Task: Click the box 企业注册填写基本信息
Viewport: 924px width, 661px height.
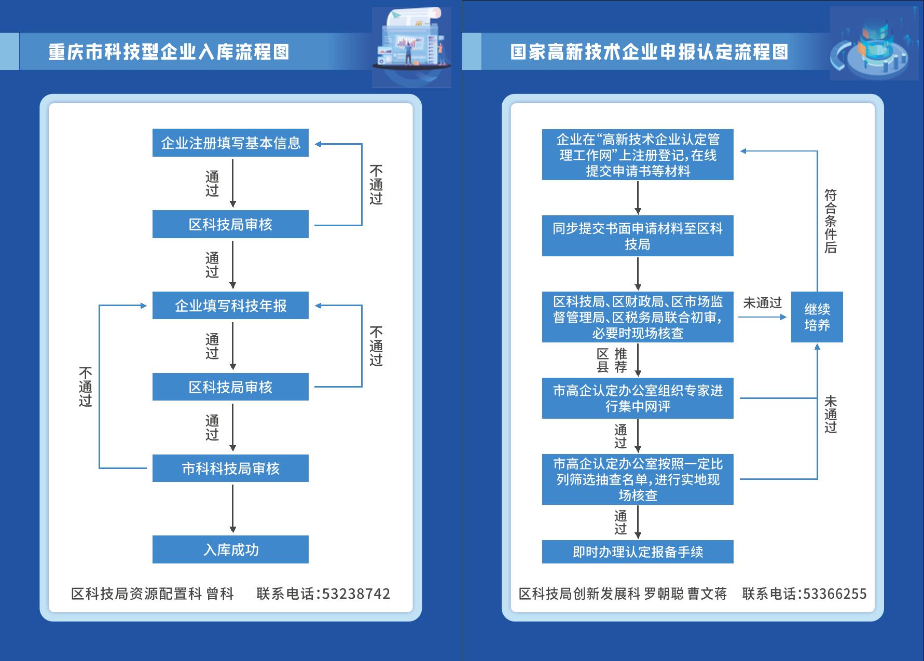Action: [x=230, y=143]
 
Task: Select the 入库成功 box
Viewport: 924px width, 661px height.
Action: [x=230, y=549]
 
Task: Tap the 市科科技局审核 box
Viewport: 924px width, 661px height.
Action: [x=230, y=469]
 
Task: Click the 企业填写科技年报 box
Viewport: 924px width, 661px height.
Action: [x=230, y=306]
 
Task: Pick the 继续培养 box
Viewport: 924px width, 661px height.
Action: [x=817, y=317]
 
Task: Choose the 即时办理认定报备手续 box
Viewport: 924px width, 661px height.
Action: [x=638, y=552]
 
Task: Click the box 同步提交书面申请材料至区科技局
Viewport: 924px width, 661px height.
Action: [x=638, y=236]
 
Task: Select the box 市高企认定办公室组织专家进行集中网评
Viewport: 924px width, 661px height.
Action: [x=638, y=398]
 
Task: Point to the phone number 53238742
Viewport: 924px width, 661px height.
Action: [x=356, y=594]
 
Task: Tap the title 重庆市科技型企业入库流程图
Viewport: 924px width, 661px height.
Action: [x=169, y=52]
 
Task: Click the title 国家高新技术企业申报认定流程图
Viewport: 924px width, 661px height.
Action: [x=649, y=52]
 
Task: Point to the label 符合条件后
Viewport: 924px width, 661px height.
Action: [x=831, y=221]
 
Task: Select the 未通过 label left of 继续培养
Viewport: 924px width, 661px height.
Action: [x=762, y=303]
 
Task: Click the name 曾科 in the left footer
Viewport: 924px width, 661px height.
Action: [x=220, y=594]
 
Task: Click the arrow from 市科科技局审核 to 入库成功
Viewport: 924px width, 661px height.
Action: [x=233, y=508]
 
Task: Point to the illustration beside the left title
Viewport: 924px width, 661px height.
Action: [x=411, y=47]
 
